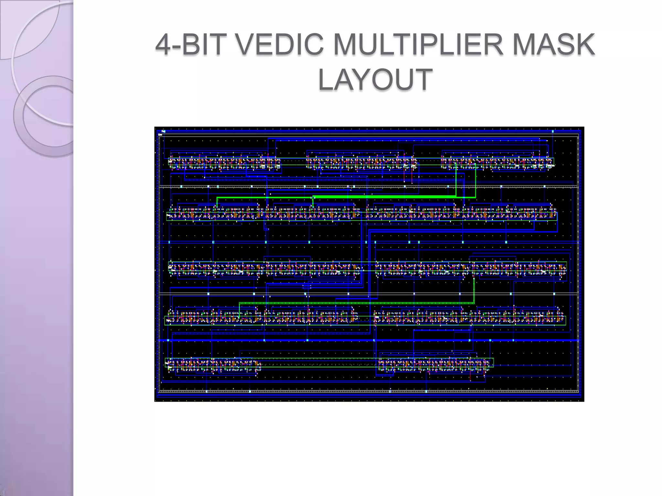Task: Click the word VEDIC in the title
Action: (x=280, y=45)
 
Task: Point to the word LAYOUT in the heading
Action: (x=375, y=79)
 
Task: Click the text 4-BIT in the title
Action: (x=192, y=45)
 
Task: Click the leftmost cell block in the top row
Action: (x=224, y=163)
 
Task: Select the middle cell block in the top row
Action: (x=361, y=163)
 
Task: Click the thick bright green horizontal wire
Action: (x=385, y=196)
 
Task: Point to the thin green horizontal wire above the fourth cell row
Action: (x=356, y=303)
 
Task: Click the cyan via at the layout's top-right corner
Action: (x=553, y=131)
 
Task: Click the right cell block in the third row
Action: (x=470, y=269)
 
